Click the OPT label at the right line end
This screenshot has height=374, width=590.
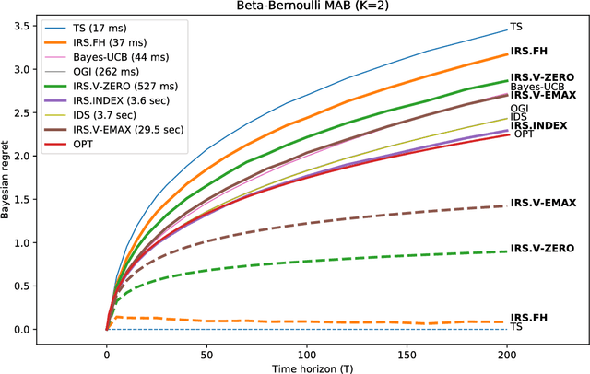(x=523, y=134)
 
